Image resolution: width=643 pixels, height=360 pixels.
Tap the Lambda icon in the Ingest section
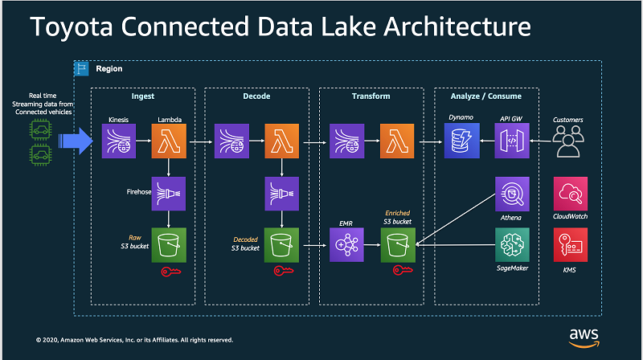[x=169, y=144]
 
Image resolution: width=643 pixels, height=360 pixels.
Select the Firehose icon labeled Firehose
[x=169, y=194]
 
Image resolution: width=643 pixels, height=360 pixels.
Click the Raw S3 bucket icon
[x=169, y=243]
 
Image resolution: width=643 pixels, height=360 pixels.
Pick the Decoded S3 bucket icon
[x=282, y=243]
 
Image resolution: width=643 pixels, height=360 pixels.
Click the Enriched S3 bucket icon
[x=397, y=243]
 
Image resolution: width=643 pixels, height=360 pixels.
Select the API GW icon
[x=512, y=144]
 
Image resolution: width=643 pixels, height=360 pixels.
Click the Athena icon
[x=512, y=194]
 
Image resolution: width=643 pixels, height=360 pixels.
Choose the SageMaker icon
[x=512, y=243]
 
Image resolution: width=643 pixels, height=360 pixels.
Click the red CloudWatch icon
[x=570, y=194]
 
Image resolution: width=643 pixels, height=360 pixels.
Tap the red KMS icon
[x=570, y=243]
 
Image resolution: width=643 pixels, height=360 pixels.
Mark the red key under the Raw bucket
[x=170, y=272]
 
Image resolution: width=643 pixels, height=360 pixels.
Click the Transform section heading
[x=371, y=96]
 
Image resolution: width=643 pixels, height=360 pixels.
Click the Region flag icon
[x=81, y=68]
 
